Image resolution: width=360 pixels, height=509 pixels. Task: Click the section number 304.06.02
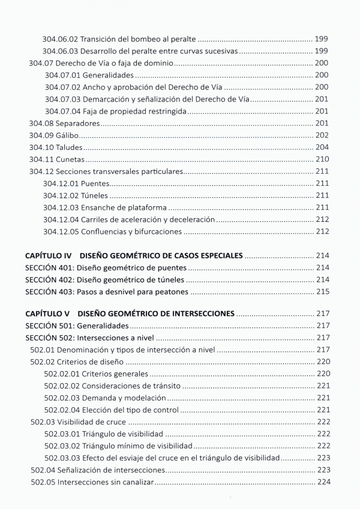point(60,38)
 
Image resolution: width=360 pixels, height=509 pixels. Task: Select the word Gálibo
point(68,135)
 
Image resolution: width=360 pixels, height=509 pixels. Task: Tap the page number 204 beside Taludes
point(322,147)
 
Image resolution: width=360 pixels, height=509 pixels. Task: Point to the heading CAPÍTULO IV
point(49,255)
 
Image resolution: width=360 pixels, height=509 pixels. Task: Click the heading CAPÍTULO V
point(47,314)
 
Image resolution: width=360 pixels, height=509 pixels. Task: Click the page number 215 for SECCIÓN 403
point(322,292)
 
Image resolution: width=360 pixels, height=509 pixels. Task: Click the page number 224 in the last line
point(323,481)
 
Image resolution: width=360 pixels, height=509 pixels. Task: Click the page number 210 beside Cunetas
point(322,159)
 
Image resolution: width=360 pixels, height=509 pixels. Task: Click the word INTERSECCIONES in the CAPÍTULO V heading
point(196,314)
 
